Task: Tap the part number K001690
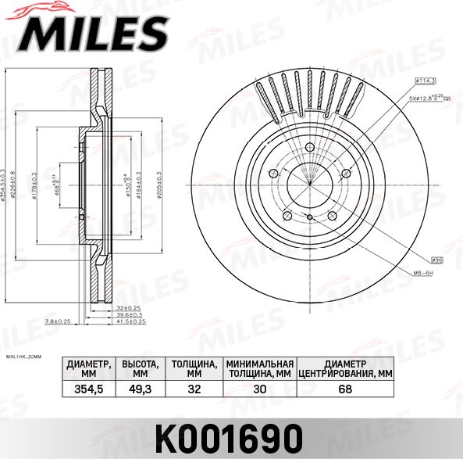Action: coord(231,437)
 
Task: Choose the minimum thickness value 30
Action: coord(259,389)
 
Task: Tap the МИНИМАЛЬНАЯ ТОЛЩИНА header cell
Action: coord(259,368)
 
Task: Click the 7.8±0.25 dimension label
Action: coord(59,321)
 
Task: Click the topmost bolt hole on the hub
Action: coord(309,152)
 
